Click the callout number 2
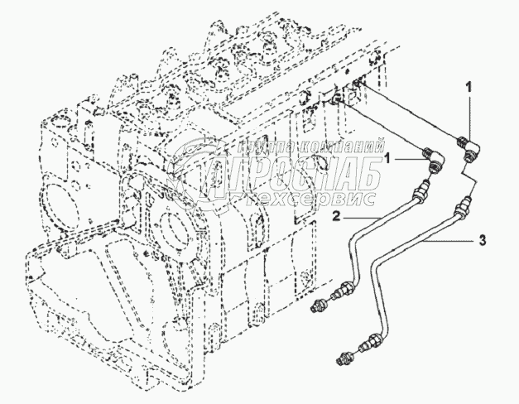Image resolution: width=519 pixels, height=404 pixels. click(x=338, y=217)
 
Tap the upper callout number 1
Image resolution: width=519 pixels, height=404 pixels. click(x=469, y=85)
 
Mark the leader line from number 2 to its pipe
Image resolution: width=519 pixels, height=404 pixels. click(x=365, y=215)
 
